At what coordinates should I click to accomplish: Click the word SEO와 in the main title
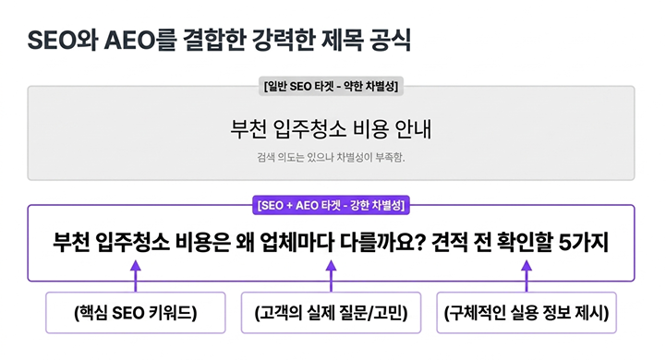63,41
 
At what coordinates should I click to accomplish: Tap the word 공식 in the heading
391,41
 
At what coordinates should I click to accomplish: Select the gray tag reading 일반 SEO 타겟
331,86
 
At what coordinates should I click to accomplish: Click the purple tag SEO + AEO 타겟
331,206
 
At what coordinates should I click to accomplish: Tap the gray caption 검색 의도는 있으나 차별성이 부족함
331,158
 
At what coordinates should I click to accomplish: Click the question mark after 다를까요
419,242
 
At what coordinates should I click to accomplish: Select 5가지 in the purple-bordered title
583,242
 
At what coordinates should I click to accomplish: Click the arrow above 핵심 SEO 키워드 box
136,276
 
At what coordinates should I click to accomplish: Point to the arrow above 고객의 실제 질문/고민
331,276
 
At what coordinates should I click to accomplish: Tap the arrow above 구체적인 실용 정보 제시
527,276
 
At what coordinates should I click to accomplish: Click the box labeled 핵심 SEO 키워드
136,313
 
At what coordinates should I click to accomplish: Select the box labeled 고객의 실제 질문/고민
331,313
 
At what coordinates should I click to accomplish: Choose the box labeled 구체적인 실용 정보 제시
527,313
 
